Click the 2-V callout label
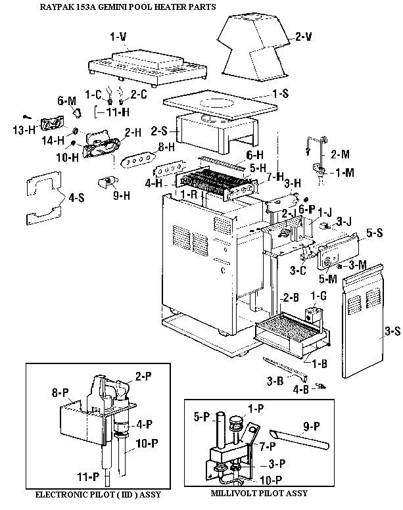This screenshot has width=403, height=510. click(304, 36)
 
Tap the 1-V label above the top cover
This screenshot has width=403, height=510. click(118, 37)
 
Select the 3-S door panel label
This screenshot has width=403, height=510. click(392, 331)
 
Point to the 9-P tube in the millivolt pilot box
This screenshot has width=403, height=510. click(299, 439)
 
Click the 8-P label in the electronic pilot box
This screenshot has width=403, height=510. click(60, 392)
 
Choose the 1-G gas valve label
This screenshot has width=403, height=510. click(318, 296)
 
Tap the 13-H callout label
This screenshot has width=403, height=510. click(24, 130)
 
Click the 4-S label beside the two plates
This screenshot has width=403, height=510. click(76, 197)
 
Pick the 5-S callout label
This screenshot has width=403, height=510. click(375, 233)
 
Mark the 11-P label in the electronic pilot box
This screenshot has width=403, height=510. click(88, 477)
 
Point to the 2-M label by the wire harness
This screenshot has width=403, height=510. click(341, 154)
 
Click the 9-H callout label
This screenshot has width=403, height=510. click(122, 195)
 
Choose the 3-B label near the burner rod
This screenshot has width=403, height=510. click(275, 381)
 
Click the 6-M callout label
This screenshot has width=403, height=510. click(66, 101)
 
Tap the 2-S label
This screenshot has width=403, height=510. click(159, 131)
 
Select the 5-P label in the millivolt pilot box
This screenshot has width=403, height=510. click(202, 417)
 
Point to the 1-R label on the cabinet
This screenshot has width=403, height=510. click(189, 195)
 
